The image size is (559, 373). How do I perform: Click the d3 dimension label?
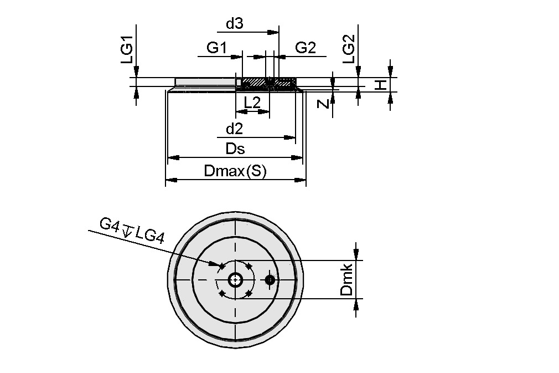235,24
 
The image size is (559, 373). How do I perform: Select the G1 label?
216,48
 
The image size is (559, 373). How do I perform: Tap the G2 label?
305,48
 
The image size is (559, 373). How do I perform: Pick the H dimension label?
381,85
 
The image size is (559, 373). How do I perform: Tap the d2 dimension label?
235,129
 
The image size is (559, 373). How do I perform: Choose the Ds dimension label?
235,149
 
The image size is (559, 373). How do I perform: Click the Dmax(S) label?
235,172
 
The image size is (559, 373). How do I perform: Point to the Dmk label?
346,280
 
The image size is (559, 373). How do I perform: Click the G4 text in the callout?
110,224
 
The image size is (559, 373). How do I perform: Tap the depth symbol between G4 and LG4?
127,230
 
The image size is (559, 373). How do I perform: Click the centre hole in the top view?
236,280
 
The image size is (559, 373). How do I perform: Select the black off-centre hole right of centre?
270,280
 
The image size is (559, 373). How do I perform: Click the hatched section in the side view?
255,83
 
